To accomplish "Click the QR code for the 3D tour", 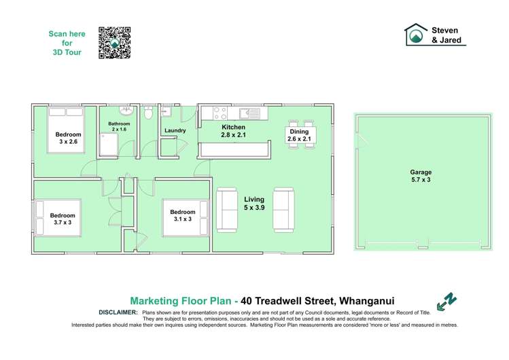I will click(114, 43).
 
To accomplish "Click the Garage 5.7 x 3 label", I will click(421, 177).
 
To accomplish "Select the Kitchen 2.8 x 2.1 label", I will click(233, 131).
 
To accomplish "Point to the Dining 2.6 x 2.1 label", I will click(299, 135).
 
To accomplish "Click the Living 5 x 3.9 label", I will click(253, 204).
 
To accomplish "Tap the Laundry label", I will click(175, 130).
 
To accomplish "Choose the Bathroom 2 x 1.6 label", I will click(119, 126).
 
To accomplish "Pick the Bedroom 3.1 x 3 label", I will click(183, 216).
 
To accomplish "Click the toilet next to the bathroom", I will click(148, 113).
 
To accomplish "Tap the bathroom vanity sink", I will click(126, 110).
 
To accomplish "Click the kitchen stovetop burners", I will click(220, 113).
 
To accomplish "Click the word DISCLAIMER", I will click(118, 312).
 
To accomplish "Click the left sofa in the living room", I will click(226, 209).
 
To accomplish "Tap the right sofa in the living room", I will click(283, 209).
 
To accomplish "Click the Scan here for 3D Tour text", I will click(67, 43).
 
